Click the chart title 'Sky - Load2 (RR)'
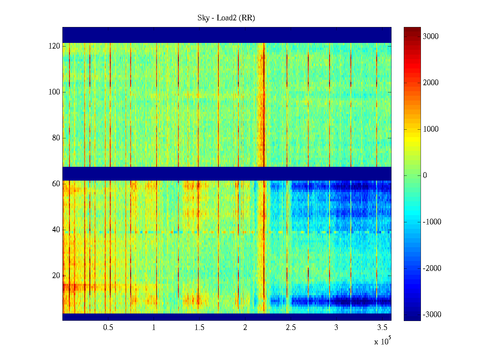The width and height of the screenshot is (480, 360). tap(226, 18)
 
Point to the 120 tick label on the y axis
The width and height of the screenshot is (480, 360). tap(54, 46)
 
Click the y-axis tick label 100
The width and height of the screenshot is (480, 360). tap(54, 92)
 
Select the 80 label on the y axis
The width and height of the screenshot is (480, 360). tap(56, 138)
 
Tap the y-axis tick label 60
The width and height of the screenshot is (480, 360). tap(56, 184)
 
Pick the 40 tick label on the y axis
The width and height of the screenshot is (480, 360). tap(56, 230)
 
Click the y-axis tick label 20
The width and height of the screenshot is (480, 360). tap(56, 276)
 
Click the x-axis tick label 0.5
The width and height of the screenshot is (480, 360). tap(108, 328)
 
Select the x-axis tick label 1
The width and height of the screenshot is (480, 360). tap(154, 328)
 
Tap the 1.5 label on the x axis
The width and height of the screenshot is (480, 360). tap(199, 328)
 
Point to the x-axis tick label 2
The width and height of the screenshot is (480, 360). tap(245, 328)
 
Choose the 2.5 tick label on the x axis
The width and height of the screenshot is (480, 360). tap(291, 328)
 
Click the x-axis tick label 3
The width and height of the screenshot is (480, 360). tap(336, 328)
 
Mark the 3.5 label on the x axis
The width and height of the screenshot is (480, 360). tap(382, 328)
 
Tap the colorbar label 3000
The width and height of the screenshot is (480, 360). tap(431, 37)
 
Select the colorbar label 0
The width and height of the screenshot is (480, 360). tap(425, 175)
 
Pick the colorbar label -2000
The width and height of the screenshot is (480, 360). tap(432, 268)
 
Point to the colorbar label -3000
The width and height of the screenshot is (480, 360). tap(432, 315)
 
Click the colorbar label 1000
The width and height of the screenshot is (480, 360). tap(431, 129)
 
